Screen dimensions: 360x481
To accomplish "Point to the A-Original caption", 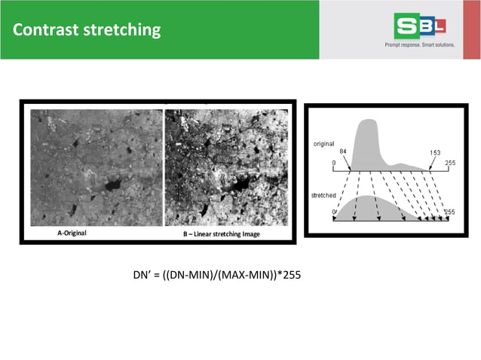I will [x=72, y=233].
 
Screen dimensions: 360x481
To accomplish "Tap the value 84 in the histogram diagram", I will [x=343, y=151].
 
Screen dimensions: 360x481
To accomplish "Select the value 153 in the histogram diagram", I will [x=435, y=152].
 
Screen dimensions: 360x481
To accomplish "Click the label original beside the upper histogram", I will [x=321, y=142].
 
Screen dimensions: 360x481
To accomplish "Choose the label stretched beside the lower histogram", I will [x=323, y=195].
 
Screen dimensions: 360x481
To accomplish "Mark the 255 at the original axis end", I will [x=450, y=163].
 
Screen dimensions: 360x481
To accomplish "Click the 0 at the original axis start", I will [x=334, y=163].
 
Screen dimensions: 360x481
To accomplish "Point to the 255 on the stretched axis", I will [x=450, y=212].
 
